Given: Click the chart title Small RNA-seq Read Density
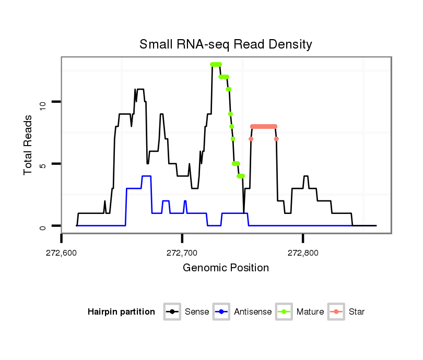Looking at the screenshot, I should pyautogui.click(x=226, y=44).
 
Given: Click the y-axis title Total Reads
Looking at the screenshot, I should pyautogui.click(x=29, y=145).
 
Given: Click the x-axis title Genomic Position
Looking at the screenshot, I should pyautogui.click(x=226, y=268).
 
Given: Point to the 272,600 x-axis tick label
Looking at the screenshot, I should pyautogui.click(x=62, y=253).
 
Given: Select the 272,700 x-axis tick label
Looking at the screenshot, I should pyautogui.click(x=182, y=253).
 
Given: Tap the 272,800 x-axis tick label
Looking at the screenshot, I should pyautogui.click(x=303, y=253).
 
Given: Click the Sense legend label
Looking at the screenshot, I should pyautogui.click(x=197, y=312).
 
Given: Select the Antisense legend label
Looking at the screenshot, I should pyautogui.click(x=253, y=312).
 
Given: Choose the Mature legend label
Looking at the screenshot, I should pyautogui.click(x=310, y=312).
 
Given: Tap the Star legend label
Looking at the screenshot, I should pyautogui.click(x=357, y=312).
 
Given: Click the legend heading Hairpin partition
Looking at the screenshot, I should pyautogui.click(x=121, y=312).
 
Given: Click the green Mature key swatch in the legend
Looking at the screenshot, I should pyautogui.click(x=285, y=312).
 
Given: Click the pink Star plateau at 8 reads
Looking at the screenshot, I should pyautogui.click(x=264, y=126).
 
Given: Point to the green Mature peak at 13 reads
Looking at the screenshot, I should pyautogui.click(x=216, y=64).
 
